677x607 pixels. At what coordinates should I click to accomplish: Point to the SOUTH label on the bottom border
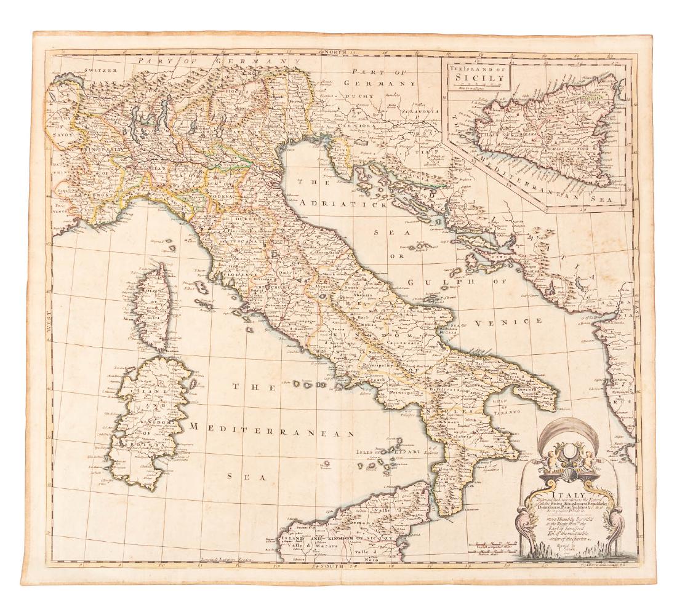[x=332, y=565]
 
